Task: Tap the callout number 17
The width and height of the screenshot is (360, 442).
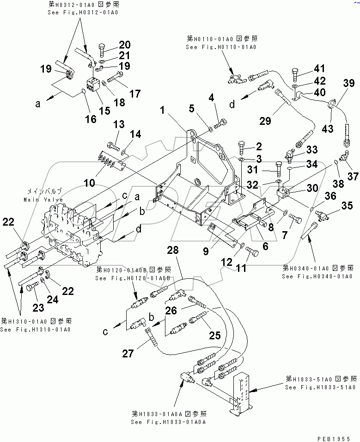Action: pyautogui.click(x=134, y=93)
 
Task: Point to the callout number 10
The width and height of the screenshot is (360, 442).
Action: pyautogui.click(x=89, y=183)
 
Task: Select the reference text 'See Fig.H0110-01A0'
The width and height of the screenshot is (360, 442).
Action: pyautogui.click(x=221, y=47)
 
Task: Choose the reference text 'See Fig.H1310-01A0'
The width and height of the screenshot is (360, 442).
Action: pyautogui.click(x=35, y=329)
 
